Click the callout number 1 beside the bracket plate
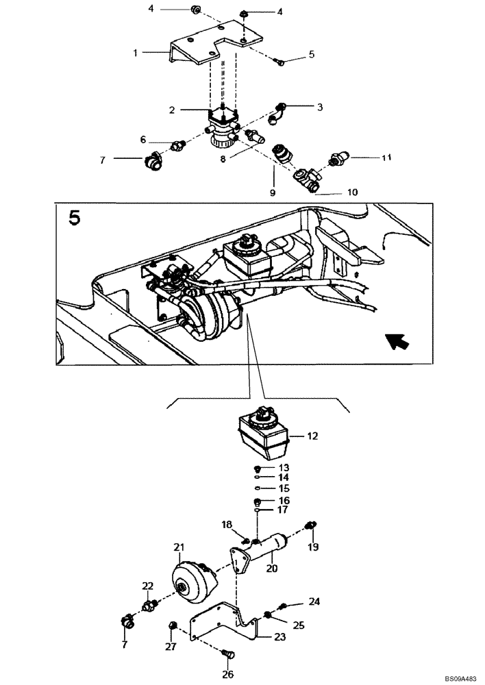(x=136, y=52)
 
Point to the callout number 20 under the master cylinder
(x=271, y=568)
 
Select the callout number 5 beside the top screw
(x=312, y=54)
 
